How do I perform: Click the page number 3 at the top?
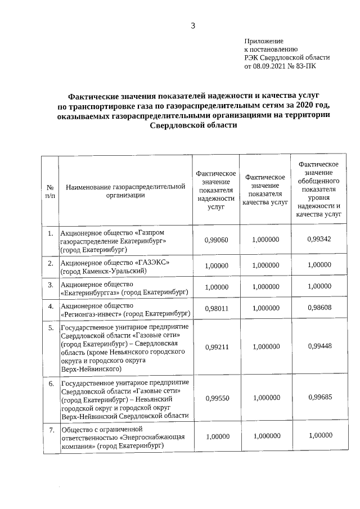193,25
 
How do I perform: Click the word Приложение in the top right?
264,42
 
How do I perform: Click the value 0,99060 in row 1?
217,240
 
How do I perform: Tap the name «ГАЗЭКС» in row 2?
152,263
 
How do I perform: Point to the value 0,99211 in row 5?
217,347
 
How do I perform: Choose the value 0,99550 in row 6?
217,398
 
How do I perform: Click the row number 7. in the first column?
50,431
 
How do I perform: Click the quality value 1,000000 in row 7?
267,435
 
